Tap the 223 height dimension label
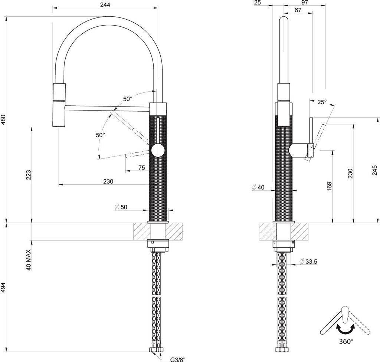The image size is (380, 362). coord(29,175)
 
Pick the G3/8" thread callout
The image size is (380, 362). coord(178,359)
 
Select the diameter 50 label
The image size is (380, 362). coord(121,207)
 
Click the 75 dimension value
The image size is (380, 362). coord(141,168)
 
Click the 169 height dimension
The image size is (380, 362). coord(329,187)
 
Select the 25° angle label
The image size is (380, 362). coord(321,102)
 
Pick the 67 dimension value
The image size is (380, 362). coord(298,10)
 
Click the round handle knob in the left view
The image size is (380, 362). coord(157,150)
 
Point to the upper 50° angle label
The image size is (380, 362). coord(128,99)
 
